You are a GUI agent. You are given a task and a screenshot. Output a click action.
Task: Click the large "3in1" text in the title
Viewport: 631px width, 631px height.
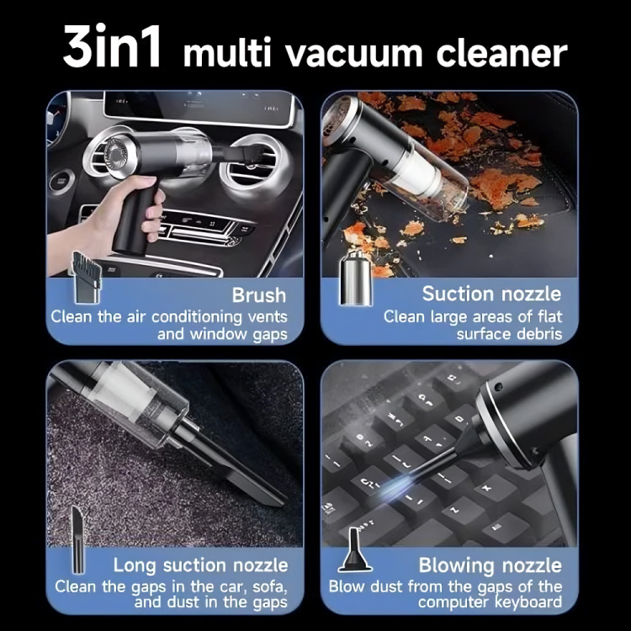tap(112, 46)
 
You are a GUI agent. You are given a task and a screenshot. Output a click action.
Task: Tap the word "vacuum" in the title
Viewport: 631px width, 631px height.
tap(354, 54)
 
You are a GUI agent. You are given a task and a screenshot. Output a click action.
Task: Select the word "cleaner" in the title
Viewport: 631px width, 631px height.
tap(501, 54)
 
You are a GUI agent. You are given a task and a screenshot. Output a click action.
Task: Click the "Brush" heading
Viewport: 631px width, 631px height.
tap(259, 295)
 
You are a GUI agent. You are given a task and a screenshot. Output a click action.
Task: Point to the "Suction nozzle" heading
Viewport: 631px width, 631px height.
tap(491, 294)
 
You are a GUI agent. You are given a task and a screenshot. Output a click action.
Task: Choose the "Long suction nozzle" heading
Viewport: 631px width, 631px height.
tap(200, 566)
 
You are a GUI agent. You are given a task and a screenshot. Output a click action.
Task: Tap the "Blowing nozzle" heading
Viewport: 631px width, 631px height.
tap(490, 565)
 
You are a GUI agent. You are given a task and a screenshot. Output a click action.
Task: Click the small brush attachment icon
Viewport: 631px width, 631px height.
tap(86, 278)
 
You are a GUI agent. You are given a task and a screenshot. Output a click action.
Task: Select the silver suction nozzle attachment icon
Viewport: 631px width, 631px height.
tap(356, 277)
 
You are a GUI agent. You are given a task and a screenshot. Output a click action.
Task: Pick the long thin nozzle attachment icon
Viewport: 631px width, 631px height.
tap(78, 539)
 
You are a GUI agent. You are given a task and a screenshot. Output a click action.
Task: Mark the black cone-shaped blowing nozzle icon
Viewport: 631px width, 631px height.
tap(354, 549)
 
